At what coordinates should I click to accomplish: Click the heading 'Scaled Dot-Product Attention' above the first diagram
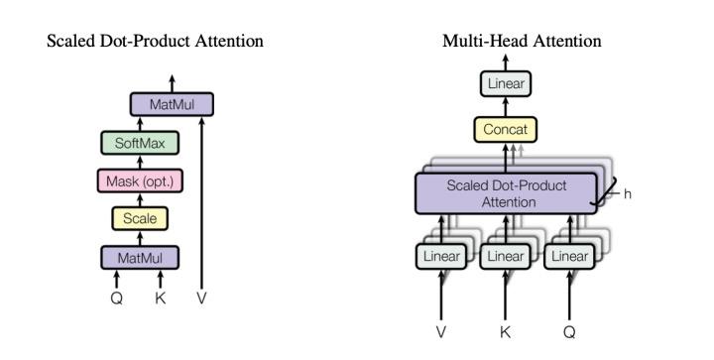click(x=155, y=41)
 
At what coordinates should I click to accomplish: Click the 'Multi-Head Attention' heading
click(x=522, y=41)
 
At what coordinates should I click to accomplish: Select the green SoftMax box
click(x=140, y=143)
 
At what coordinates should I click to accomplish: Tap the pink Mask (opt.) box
click(x=140, y=180)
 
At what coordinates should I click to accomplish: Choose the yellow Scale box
click(x=140, y=218)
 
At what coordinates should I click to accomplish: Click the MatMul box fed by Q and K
click(x=140, y=257)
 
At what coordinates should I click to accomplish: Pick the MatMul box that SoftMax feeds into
click(x=172, y=103)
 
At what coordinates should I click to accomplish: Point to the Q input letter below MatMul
click(x=117, y=297)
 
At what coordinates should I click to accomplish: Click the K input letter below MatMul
click(x=160, y=297)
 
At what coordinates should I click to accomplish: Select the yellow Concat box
click(x=507, y=129)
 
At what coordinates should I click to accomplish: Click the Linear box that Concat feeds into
click(x=507, y=83)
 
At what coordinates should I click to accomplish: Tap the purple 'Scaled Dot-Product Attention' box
click(x=506, y=192)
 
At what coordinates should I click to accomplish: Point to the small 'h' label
click(x=627, y=194)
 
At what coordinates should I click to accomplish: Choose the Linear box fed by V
click(x=441, y=256)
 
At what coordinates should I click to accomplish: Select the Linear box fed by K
click(x=505, y=256)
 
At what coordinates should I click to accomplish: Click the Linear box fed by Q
click(x=569, y=256)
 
